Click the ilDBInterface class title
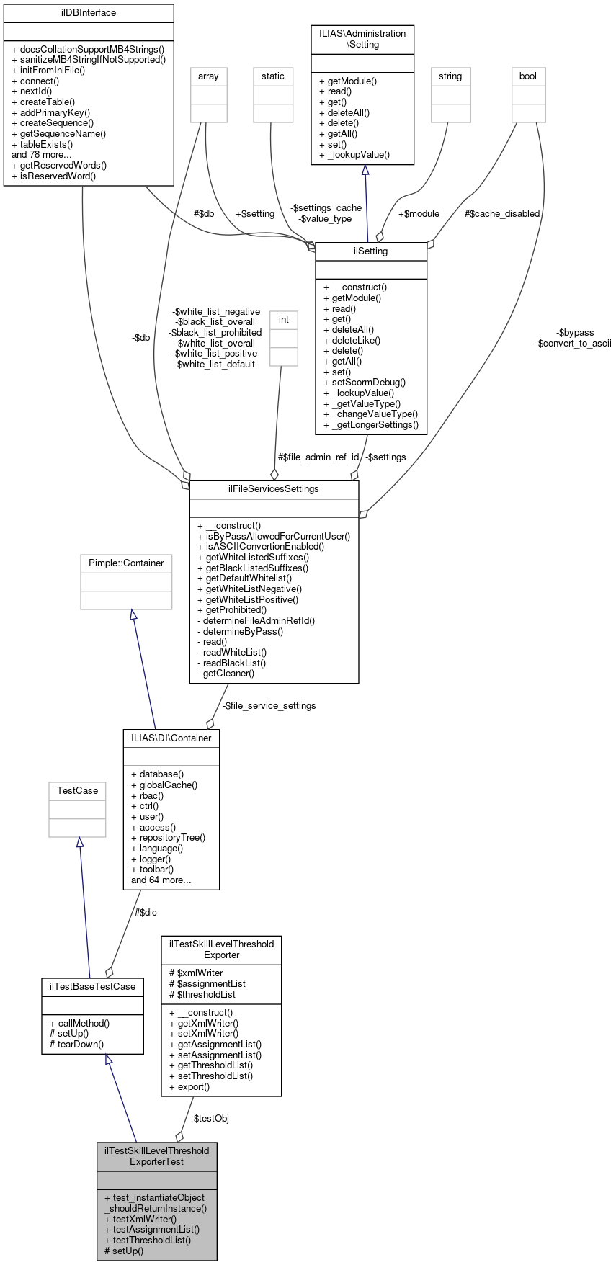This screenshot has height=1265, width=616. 89,12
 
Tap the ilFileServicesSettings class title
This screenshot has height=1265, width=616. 274,488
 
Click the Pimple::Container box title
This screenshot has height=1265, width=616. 126,563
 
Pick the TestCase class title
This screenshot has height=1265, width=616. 77,790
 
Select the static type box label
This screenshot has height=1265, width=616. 273,76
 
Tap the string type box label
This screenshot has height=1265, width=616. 450,76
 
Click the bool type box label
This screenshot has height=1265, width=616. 528,76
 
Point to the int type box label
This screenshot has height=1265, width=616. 284,319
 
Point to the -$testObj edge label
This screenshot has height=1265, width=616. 210,1118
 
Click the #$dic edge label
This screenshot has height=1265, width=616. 146,912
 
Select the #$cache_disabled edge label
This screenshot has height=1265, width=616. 502,213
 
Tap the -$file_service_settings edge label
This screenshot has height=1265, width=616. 269,705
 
